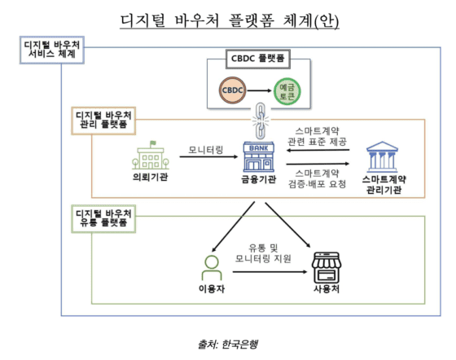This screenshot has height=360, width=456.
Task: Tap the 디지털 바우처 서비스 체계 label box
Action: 50,49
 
